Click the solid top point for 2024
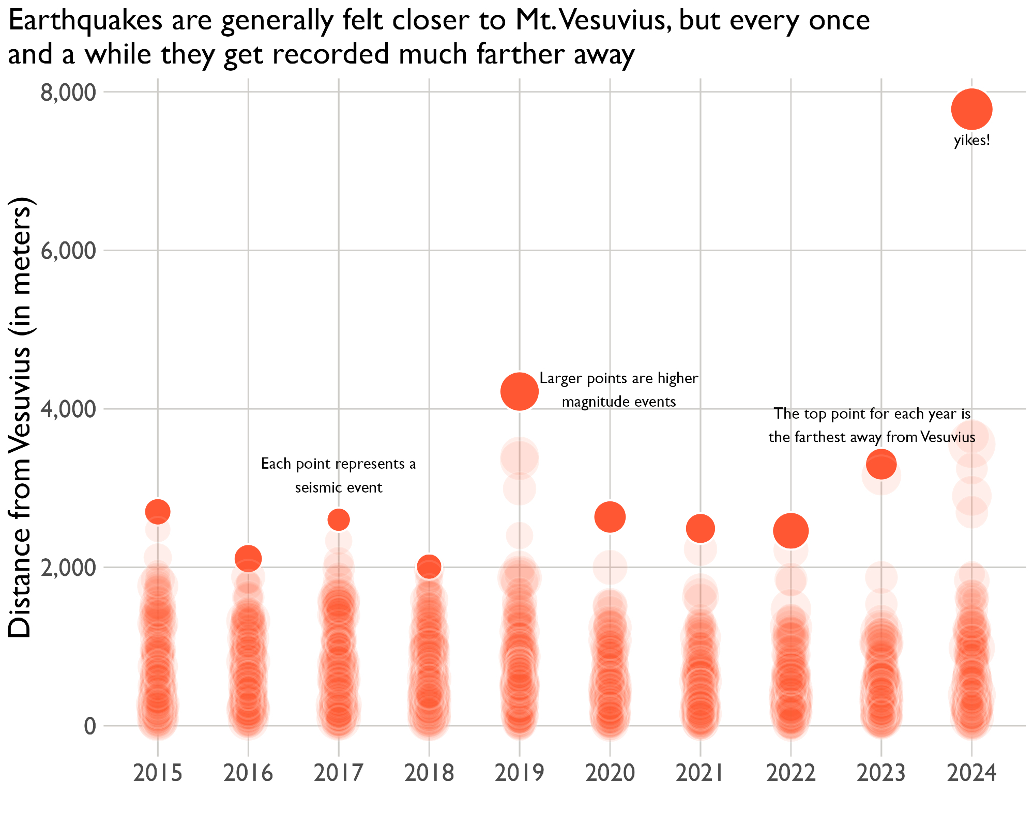pyautogui.click(x=971, y=109)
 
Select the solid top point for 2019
pyautogui.click(x=520, y=391)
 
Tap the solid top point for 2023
pyautogui.click(x=881, y=464)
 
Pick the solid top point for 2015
pyautogui.click(x=158, y=512)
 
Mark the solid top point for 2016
pyautogui.click(x=248, y=558)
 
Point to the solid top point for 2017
pyautogui.click(x=339, y=519)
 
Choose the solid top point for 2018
pyautogui.click(x=429, y=567)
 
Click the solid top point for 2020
pyautogui.click(x=610, y=517)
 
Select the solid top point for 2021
pyautogui.click(x=701, y=529)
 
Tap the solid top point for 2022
pyautogui.click(x=790, y=531)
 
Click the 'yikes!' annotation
pyautogui.click(x=972, y=141)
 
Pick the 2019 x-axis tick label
pyautogui.click(x=520, y=773)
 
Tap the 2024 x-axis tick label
pyautogui.click(x=971, y=773)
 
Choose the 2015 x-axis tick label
pyautogui.click(x=158, y=773)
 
